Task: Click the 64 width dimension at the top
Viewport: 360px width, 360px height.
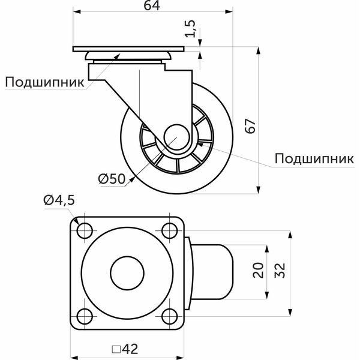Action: click(x=152, y=5)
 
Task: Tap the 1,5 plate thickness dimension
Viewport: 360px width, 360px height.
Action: click(x=190, y=28)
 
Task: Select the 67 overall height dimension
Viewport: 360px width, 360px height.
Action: click(x=250, y=126)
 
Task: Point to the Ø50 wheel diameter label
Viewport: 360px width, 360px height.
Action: click(x=112, y=179)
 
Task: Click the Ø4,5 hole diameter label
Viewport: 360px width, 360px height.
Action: click(x=59, y=200)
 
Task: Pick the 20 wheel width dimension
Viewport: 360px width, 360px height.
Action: click(x=258, y=270)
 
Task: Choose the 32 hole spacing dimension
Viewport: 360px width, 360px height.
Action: click(x=280, y=270)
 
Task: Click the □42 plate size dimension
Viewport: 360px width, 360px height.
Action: click(x=125, y=349)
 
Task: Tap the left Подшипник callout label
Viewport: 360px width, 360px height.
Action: click(x=44, y=82)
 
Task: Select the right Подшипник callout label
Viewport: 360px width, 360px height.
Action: click(x=314, y=158)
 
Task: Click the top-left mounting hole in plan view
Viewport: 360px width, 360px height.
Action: click(x=85, y=230)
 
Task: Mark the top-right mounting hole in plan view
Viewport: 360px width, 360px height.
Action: click(x=170, y=230)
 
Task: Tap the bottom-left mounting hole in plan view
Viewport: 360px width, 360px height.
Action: click(x=85, y=316)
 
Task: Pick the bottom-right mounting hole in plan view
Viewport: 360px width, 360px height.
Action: click(x=170, y=316)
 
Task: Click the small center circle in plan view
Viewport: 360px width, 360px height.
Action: click(x=127, y=273)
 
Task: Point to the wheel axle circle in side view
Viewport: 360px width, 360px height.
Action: click(x=177, y=137)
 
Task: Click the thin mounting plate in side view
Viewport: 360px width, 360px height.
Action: click(x=128, y=49)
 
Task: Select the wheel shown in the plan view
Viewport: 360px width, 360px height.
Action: click(x=212, y=272)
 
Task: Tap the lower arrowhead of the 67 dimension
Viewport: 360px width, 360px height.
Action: click(x=259, y=190)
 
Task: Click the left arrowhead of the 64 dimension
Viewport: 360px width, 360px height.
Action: click(x=77, y=12)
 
